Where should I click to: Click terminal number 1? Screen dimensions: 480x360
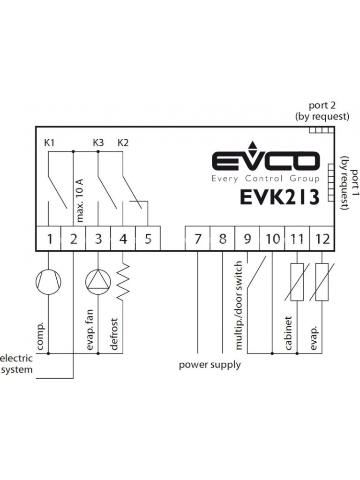[49, 239]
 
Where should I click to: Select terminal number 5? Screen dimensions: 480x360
[148, 239]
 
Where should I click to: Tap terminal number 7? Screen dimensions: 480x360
[198, 239]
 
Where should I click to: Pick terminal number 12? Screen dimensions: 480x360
[322, 239]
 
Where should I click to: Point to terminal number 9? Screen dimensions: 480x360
[247, 239]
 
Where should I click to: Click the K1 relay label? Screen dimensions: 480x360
[49, 142]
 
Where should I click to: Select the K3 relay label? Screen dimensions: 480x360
[98, 142]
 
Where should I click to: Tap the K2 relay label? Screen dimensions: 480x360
[122, 142]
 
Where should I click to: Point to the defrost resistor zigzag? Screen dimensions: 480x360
[123, 281]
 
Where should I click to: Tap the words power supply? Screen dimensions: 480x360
[210, 365]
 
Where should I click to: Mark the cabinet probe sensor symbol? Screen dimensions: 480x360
[297, 282]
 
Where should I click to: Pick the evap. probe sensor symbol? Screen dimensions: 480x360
[322, 282]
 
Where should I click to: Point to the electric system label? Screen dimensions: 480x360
[16, 364]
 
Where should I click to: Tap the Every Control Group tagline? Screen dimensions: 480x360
[265, 179]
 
